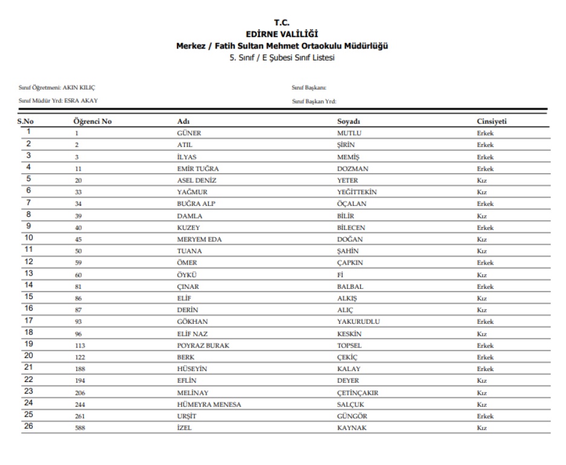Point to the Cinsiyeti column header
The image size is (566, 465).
click(x=492, y=122)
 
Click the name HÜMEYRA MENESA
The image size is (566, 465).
click(x=209, y=404)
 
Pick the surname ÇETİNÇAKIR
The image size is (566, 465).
click(x=358, y=393)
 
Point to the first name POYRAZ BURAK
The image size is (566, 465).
click(x=203, y=346)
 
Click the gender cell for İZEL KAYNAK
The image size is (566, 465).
click(x=482, y=428)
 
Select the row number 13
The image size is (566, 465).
click(x=28, y=273)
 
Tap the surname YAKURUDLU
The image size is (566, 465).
click(x=358, y=322)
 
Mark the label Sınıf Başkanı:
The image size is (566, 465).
click(x=309, y=88)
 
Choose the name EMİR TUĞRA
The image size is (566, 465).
click(x=197, y=168)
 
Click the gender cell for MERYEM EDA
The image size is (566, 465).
click(x=482, y=239)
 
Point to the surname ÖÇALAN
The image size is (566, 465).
click(x=351, y=204)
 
